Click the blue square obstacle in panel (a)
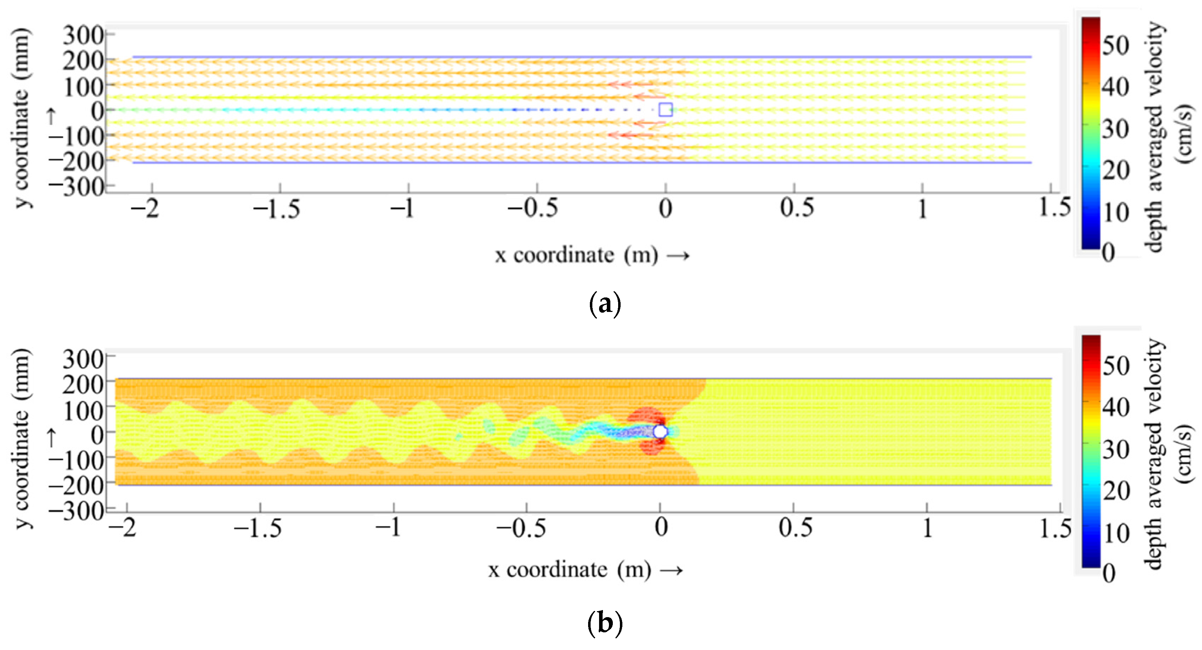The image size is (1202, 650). pos(665,110)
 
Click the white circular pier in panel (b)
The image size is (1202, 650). pos(660,432)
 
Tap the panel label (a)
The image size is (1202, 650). pos(605,304)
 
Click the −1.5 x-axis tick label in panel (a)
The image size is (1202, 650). pos(276,208)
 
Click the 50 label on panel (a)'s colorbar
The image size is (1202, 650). pos(1116,45)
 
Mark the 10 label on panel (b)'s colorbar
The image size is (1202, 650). pos(1116,532)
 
